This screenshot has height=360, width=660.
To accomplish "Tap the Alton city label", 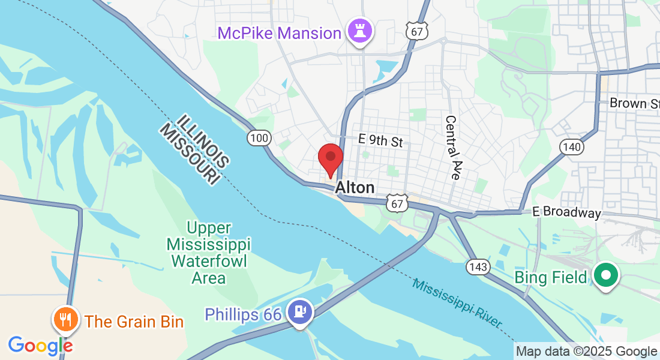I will (355, 187).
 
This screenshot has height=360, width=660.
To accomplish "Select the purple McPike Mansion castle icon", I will (360, 31).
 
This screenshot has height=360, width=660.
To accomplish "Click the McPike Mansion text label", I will (280, 33).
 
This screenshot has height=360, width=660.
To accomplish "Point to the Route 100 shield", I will (259, 139).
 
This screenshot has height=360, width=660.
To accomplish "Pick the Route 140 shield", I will (572, 147).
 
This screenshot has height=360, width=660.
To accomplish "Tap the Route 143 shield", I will (478, 267).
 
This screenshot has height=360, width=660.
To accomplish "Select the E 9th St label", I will (380, 141).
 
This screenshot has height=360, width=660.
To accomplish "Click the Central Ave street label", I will (452, 148).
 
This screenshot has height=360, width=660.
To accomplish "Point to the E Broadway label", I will (566, 213).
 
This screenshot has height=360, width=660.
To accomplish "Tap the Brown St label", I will (635, 103).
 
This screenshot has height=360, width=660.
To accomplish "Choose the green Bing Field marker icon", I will (605, 276).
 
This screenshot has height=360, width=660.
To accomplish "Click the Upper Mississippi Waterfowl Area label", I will (209, 253).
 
